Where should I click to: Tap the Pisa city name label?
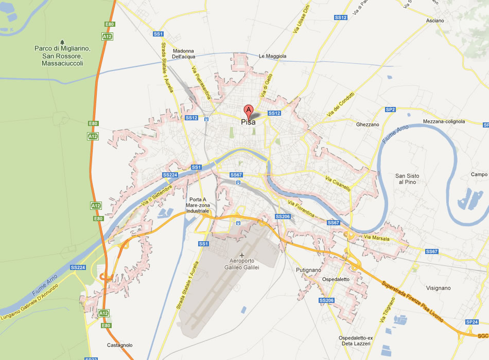[248, 122]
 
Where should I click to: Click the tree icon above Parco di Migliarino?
[62, 42]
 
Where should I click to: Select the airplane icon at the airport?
[242, 255]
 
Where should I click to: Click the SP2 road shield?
[390, 110]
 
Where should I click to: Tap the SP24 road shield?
[471, 322]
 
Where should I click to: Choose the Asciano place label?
[434, 21]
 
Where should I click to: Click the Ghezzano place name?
[368, 124]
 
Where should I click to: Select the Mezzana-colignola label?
[444, 121]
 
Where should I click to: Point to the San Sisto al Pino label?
[406, 179]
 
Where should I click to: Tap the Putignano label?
[308, 270]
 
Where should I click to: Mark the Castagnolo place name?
[119, 345]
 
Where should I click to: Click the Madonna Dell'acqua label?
[183, 54]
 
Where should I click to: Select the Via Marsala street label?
[376, 238]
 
